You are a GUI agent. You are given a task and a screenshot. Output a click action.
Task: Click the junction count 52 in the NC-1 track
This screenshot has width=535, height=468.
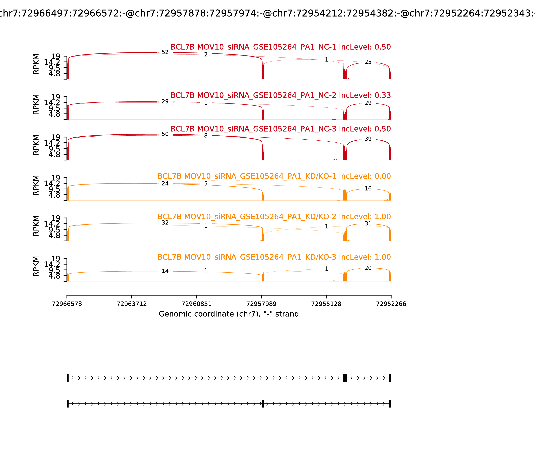pyautogui.click(x=165, y=52)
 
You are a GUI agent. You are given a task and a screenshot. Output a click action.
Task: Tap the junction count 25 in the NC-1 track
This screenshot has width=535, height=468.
pyautogui.click(x=368, y=62)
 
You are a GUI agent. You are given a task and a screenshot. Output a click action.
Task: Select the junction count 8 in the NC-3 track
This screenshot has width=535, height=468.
pyautogui.click(x=206, y=136)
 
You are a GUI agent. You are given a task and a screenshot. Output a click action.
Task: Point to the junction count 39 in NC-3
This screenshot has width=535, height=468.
pyautogui.click(x=368, y=139)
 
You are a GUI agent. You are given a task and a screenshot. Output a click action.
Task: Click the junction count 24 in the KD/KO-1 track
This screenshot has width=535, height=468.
pyautogui.click(x=165, y=184)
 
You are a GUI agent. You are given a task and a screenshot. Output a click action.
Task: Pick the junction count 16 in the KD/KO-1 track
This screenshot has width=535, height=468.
pyautogui.click(x=368, y=189)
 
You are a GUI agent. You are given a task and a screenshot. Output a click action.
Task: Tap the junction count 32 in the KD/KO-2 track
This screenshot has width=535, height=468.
pyautogui.click(x=165, y=223)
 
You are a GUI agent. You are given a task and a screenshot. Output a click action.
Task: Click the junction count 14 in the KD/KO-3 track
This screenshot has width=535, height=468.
pyautogui.click(x=165, y=271)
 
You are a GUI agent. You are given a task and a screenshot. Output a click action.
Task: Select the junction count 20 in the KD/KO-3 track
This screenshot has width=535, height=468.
pyautogui.click(x=368, y=268)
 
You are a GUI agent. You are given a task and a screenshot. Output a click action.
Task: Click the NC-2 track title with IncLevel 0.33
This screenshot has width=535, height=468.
pyautogui.click(x=281, y=95)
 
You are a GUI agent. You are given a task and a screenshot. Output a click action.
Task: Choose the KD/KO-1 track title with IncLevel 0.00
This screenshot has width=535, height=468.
pyautogui.click(x=274, y=176)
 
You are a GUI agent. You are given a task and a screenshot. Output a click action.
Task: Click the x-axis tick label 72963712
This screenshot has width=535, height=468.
pyautogui.click(x=132, y=304)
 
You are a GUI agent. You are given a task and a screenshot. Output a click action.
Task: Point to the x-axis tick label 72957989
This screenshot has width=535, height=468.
pyautogui.click(x=261, y=304)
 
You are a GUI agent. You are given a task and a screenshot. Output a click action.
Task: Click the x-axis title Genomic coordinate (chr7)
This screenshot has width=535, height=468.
pyautogui.click(x=229, y=314)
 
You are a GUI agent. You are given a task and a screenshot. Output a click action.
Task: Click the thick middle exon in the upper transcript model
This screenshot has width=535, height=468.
pyautogui.click(x=345, y=378)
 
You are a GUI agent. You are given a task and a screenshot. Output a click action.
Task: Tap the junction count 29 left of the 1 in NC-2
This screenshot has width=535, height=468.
pyautogui.click(x=165, y=102)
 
